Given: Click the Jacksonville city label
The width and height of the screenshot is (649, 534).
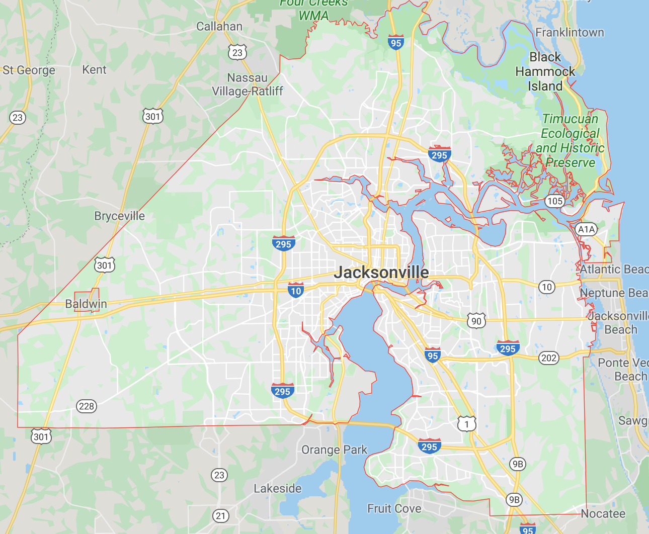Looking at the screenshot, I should (x=381, y=273).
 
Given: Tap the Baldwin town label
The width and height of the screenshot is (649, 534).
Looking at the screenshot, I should (x=86, y=304).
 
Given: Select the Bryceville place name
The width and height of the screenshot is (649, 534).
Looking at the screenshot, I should (x=119, y=216).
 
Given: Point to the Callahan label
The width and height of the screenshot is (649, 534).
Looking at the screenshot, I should (x=219, y=27).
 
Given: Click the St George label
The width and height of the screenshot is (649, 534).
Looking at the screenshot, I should (x=29, y=70).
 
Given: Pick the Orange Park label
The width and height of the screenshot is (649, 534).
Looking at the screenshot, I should (x=334, y=450).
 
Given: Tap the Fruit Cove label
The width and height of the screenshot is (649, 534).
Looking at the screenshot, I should (x=394, y=509).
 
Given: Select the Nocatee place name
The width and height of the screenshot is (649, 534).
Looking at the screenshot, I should (x=603, y=514).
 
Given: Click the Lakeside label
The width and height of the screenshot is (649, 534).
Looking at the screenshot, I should (x=277, y=489).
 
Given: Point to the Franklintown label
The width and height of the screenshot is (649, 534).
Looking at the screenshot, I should (x=570, y=33).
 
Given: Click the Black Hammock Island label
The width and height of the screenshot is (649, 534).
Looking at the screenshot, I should (x=545, y=71).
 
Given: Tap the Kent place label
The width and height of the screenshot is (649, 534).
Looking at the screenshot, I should (x=94, y=70).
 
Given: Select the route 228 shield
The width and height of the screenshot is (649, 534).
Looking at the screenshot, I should (x=87, y=406).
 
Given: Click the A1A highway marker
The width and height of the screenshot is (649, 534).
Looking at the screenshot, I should (x=586, y=230).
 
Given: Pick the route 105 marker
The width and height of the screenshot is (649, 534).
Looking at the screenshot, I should (x=554, y=201).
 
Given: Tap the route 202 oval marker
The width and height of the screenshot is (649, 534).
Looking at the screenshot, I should (x=548, y=358).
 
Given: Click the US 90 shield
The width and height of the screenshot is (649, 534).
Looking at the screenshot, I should (x=476, y=321).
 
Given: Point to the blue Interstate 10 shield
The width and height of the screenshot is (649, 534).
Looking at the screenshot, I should (x=296, y=290).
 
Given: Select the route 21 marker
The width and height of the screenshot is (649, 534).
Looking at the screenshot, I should (x=220, y=515).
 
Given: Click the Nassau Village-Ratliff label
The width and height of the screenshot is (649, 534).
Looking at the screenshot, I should (x=247, y=84).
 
